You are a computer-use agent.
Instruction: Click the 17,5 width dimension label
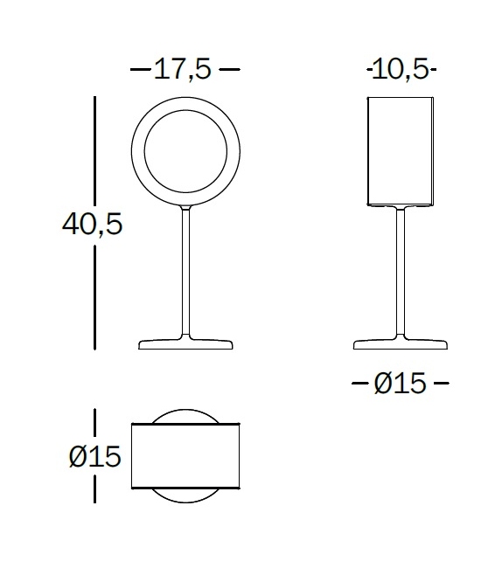(x=184, y=68)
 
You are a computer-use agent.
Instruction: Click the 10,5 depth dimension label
(x=401, y=68)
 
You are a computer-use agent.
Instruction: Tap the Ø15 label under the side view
(x=401, y=383)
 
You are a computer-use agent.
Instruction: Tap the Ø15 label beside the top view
(x=92, y=455)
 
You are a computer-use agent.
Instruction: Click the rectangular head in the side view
(x=401, y=152)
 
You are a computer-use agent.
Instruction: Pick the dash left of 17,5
(x=140, y=68)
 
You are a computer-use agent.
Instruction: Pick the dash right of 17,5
(x=228, y=68)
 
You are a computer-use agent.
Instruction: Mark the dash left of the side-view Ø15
(x=359, y=383)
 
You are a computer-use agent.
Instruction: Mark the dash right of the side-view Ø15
(x=441, y=383)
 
